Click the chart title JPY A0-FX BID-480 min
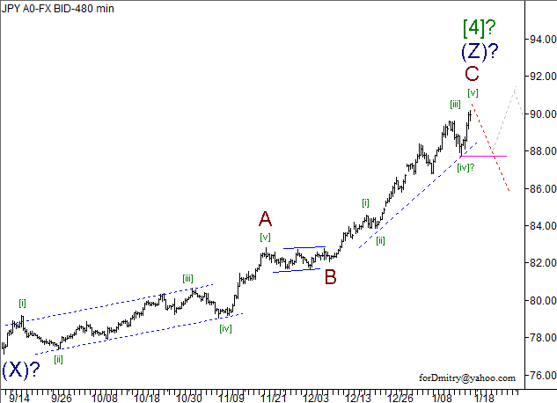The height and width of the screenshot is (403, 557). (58, 8)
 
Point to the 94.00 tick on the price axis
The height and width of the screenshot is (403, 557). (537, 40)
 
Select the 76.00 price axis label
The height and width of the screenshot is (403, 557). (537, 376)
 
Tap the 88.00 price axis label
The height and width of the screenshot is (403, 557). (537, 151)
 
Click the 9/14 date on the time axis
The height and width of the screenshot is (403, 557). (18, 397)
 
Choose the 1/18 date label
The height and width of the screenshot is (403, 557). (484, 397)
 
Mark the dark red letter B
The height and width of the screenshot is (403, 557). (331, 277)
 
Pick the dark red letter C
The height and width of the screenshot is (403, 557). (473, 74)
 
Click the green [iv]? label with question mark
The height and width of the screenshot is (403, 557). (466, 168)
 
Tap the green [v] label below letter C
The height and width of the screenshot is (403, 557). (473, 92)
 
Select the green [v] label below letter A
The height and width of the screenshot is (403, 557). (265, 237)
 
